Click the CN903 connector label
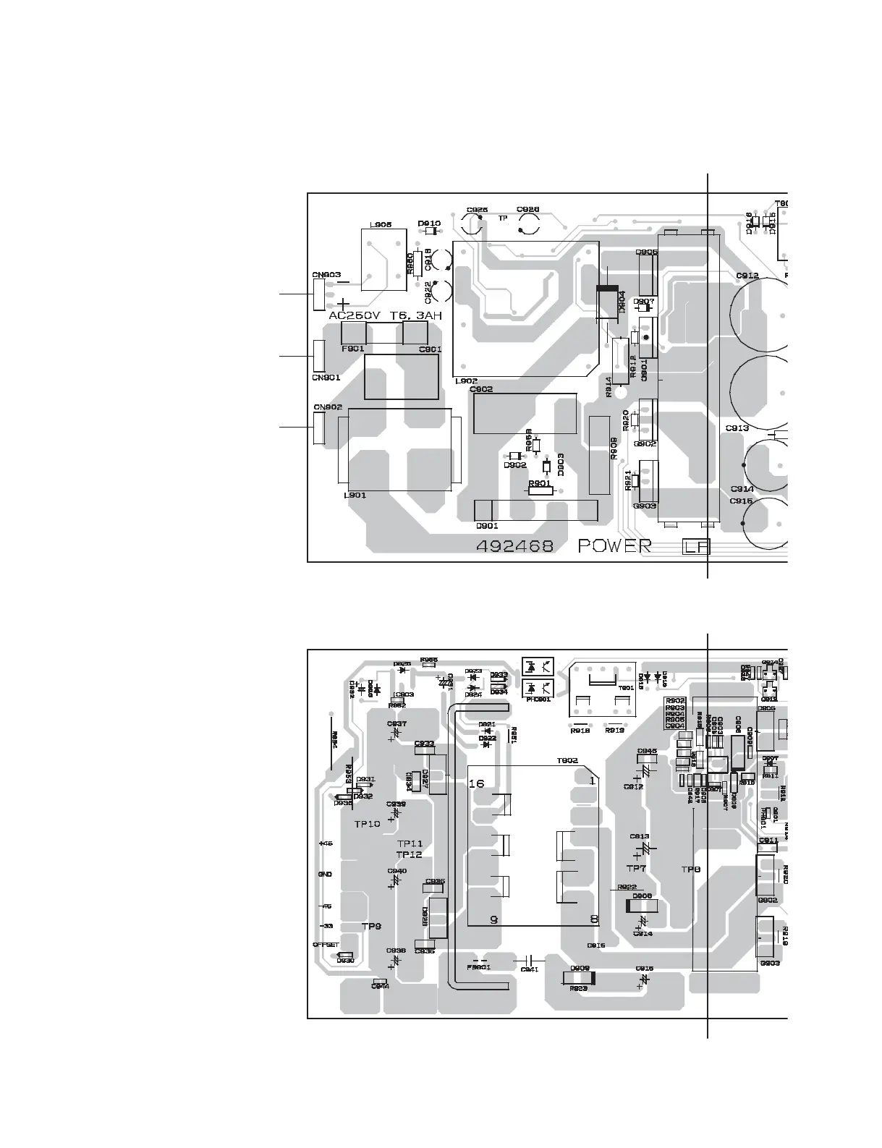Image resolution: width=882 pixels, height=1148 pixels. (x=326, y=275)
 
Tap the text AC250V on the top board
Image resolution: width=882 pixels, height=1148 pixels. (x=355, y=316)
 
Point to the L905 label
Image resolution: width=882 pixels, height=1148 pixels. (x=381, y=225)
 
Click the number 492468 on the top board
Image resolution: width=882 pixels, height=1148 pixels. (x=514, y=546)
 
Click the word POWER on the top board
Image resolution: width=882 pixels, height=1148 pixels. (x=614, y=546)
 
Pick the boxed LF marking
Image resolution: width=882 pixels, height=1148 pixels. (x=696, y=547)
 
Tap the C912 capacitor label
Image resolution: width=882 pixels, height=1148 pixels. (x=747, y=276)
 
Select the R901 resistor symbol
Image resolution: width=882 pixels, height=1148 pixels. (x=540, y=490)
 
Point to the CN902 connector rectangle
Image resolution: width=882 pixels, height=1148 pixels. (x=319, y=428)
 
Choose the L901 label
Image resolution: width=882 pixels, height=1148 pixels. (x=355, y=496)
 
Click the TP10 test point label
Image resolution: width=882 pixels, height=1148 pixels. (x=367, y=824)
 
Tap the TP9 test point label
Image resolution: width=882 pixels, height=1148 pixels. (x=371, y=926)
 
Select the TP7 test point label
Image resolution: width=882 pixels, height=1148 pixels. (x=636, y=868)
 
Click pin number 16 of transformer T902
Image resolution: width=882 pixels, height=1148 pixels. (x=476, y=783)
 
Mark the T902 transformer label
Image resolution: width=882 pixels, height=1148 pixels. (x=567, y=760)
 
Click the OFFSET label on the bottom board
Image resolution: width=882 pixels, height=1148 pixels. (x=326, y=945)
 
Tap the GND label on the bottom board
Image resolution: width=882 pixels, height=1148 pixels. (x=325, y=875)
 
